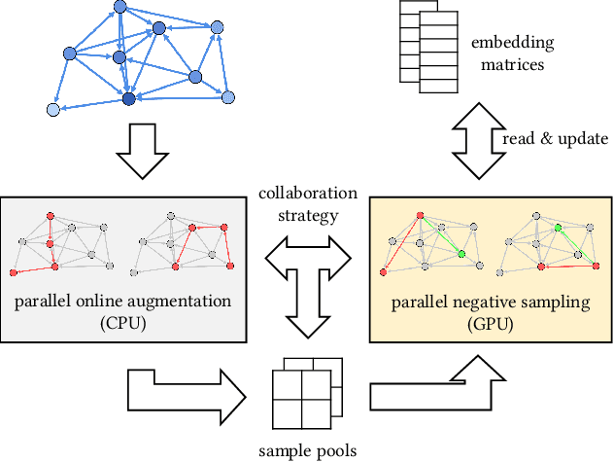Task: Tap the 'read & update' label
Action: [x=555, y=139]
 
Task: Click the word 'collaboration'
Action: [x=307, y=193]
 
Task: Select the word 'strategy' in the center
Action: [x=307, y=214]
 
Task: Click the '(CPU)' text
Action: [x=122, y=323]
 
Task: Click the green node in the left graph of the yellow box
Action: [x=460, y=255]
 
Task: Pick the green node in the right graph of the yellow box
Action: [x=559, y=229]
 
